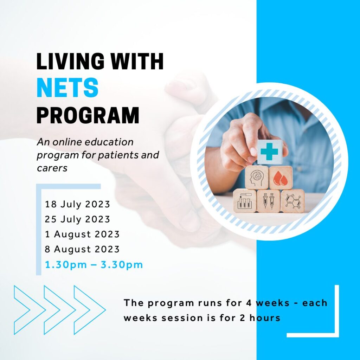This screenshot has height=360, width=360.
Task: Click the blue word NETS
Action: (67, 88)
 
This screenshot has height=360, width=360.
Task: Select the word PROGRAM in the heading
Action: (88, 115)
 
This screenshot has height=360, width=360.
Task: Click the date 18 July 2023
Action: (77, 204)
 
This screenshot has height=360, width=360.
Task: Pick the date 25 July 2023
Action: (77, 219)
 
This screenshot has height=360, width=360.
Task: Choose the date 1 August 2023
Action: (82, 234)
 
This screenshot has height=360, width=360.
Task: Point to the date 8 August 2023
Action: (82, 249)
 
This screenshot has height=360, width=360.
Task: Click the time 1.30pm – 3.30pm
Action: (94, 264)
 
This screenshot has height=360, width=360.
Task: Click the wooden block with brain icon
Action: (257, 178)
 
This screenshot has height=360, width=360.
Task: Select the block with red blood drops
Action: (281, 178)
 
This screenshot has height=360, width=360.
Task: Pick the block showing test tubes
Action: (245, 201)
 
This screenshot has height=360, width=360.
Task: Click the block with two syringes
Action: (269, 201)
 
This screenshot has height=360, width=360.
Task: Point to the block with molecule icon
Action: (293, 201)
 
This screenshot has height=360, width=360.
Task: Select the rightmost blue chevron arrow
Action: (90, 310)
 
